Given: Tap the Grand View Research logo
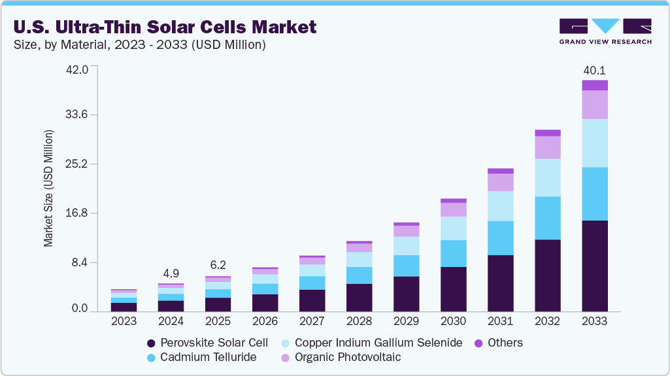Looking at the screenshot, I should (x=605, y=31).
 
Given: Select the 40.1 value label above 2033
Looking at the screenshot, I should (x=594, y=70).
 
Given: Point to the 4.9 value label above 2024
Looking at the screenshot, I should (x=171, y=274).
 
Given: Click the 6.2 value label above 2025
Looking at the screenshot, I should (x=218, y=266).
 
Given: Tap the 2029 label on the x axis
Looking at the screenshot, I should (x=406, y=321).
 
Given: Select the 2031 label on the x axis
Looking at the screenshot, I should (x=500, y=321).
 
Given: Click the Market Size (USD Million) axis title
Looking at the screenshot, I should (x=48, y=189).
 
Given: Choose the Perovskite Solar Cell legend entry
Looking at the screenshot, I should (x=208, y=343).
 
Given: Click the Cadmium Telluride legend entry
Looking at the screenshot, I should (x=201, y=357).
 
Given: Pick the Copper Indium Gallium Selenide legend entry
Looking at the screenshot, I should (x=371, y=343).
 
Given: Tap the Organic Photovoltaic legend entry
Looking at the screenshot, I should (x=341, y=357).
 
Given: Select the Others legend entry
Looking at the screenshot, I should (x=500, y=343).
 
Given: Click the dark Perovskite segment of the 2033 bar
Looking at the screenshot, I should (x=595, y=266).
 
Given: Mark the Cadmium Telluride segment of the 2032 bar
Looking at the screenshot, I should (x=547, y=218).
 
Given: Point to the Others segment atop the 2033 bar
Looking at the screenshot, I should (x=595, y=85).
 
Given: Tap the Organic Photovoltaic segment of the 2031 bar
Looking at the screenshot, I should (x=500, y=182).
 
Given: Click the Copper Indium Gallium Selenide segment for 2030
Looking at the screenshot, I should (x=453, y=228).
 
